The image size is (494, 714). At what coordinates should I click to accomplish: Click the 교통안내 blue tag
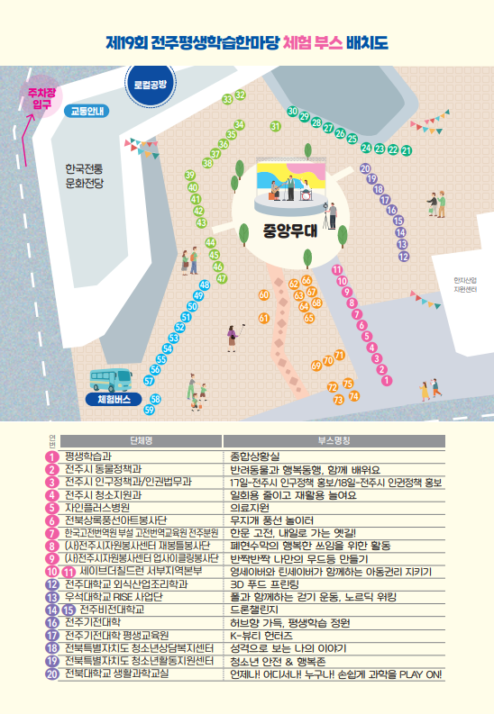click(87, 112)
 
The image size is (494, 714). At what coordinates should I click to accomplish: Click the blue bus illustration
click(111, 381)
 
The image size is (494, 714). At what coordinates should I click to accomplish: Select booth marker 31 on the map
click(275, 127)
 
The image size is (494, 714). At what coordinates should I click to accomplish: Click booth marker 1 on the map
click(387, 381)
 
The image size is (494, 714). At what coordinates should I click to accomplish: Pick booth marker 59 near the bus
click(150, 410)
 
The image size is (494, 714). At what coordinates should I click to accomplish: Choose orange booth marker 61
click(264, 318)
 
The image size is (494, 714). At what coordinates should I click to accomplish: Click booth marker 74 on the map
click(354, 396)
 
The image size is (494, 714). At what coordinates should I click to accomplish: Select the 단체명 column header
click(140, 441)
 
